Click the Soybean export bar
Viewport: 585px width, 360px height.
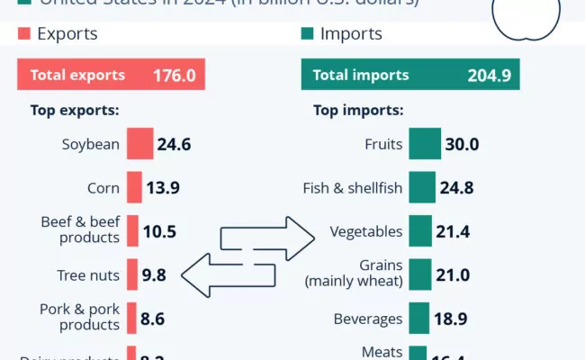coord(139,144)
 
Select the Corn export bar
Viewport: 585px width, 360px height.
coord(134,187)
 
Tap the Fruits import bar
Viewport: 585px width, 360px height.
coord(424,144)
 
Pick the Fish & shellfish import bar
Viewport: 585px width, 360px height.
coord(421,187)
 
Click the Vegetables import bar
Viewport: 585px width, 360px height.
coord(419,231)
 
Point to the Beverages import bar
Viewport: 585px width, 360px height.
coord(418,319)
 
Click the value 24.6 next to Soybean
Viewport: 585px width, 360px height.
coord(174,144)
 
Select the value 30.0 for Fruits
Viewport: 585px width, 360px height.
coord(462,144)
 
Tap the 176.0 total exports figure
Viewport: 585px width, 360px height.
coord(174,75)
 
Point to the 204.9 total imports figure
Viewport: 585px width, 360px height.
coord(489,75)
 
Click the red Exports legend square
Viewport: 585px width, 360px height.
coord(24,34)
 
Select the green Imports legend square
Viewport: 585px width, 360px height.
coord(307,34)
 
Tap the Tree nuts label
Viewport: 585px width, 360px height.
coord(88,275)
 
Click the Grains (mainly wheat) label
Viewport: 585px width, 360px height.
coord(354,274)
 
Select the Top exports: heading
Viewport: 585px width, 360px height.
coord(76,112)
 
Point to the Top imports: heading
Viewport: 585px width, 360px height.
coord(358,112)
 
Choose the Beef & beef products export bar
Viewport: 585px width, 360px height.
coord(132,231)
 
